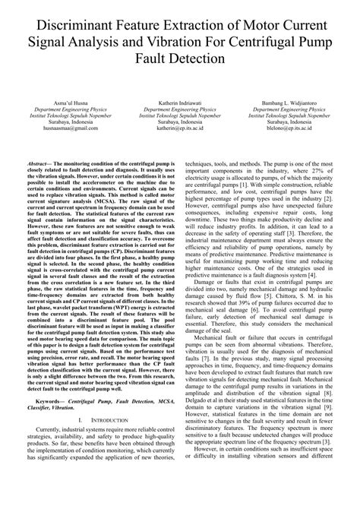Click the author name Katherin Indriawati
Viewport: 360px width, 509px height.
(x=179, y=101)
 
